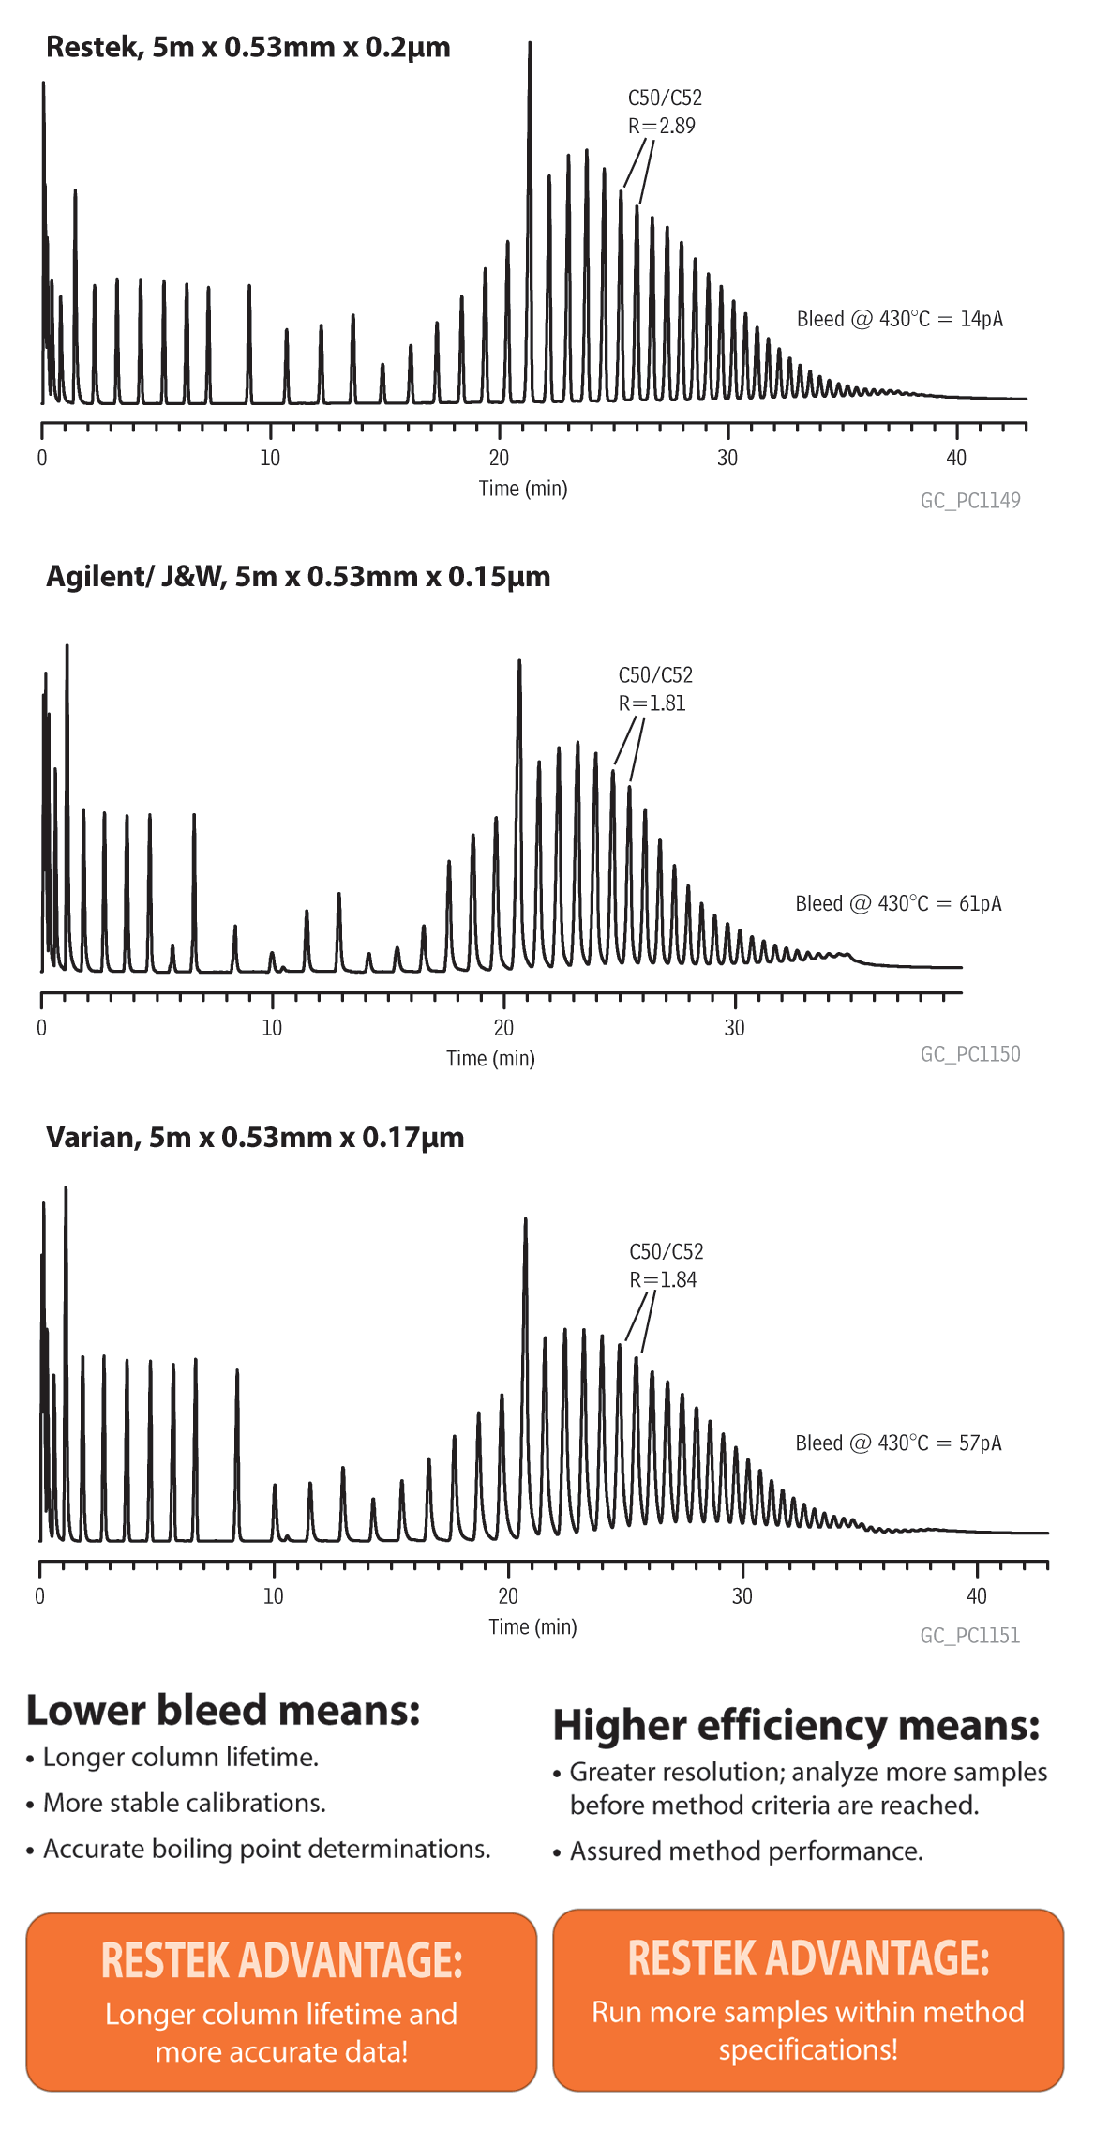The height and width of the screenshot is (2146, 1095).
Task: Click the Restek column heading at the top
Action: click(247, 47)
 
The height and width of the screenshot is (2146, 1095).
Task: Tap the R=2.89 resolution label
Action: click(662, 126)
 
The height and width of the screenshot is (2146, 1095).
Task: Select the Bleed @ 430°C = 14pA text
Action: click(899, 319)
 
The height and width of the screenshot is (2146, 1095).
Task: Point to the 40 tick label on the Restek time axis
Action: click(955, 458)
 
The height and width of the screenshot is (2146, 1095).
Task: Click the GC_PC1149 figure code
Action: click(970, 501)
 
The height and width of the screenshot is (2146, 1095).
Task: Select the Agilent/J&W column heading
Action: click(298, 576)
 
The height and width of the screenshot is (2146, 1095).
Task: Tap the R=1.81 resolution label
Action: click(652, 703)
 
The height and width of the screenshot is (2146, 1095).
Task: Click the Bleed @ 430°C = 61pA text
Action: click(898, 903)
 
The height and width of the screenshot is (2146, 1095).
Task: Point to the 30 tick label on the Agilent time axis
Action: click(734, 1028)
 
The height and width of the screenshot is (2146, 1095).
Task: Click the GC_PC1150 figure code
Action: click(970, 1054)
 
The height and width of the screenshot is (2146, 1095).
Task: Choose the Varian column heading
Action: click(255, 1137)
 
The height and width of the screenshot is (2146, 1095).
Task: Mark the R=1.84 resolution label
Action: click(663, 1279)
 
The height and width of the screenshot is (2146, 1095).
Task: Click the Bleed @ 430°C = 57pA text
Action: click(898, 1443)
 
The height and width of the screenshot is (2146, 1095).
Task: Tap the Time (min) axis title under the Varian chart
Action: click(532, 1626)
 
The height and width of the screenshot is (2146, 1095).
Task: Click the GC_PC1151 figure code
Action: click(970, 1636)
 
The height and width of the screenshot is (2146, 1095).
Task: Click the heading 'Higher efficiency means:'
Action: click(796, 1726)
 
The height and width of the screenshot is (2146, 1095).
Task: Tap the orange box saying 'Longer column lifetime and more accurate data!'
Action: click(281, 2002)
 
